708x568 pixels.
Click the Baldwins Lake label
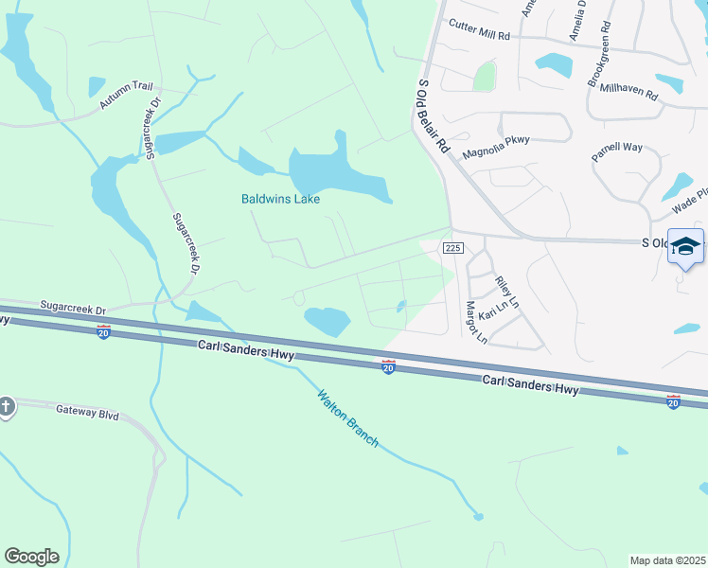(x=280, y=199)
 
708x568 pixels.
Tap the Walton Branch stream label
(x=347, y=419)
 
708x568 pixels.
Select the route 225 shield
(x=451, y=247)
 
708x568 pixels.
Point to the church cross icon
(x=6, y=407)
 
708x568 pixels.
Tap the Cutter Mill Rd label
(x=479, y=29)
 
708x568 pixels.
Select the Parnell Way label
(x=617, y=153)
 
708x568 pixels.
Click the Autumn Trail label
(x=126, y=98)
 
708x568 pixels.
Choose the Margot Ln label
(x=475, y=322)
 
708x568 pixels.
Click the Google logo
(x=31, y=557)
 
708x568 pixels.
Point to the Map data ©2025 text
(x=667, y=560)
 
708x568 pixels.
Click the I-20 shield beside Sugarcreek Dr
(x=104, y=332)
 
